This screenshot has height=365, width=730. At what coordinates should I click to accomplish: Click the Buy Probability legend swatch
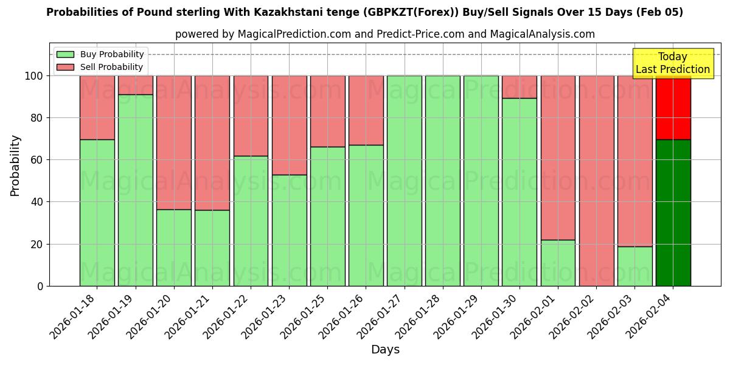coord(65,55)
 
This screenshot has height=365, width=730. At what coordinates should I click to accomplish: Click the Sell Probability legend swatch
coord(65,68)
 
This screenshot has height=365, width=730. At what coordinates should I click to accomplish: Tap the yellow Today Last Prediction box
coord(672,63)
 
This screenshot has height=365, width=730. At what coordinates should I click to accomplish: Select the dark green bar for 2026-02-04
coord(673,213)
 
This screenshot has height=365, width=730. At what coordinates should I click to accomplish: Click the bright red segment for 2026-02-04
coord(673,108)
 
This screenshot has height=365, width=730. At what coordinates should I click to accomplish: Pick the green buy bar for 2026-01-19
coord(135,190)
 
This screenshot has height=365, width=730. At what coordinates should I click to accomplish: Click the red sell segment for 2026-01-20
coord(174,142)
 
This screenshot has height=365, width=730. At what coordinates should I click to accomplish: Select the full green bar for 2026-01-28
coord(442,181)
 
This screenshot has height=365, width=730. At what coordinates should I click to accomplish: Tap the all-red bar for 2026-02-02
coord(596,181)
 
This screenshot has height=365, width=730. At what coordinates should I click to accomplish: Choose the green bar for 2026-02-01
coord(558,263)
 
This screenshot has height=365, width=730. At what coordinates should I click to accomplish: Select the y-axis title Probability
coord(15,165)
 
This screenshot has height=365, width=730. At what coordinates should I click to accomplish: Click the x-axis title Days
coord(385,350)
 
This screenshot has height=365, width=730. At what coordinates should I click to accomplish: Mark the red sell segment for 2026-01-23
coord(289,125)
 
